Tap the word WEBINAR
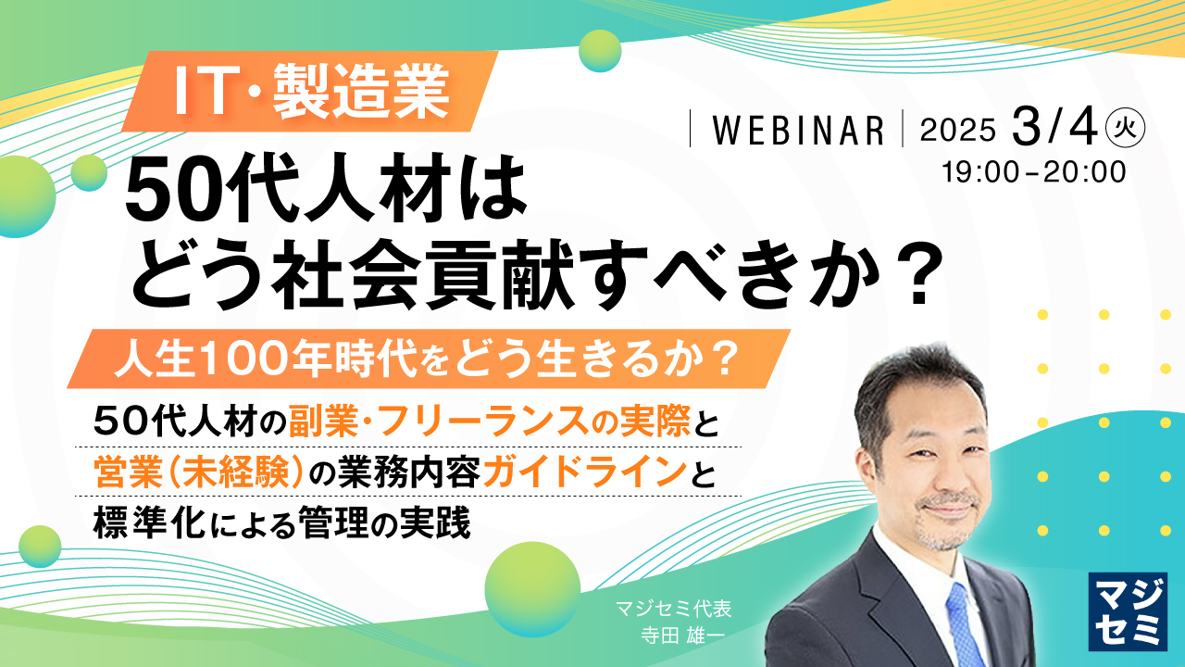click(797, 131)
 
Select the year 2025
click(957, 131)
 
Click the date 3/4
click(1054, 128)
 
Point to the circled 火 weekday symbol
click(1125, 129)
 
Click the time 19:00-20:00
click(1033, 172)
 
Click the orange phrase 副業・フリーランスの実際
click(489, 423)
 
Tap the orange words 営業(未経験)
click(199, 474)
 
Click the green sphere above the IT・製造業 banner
click(600, 50)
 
